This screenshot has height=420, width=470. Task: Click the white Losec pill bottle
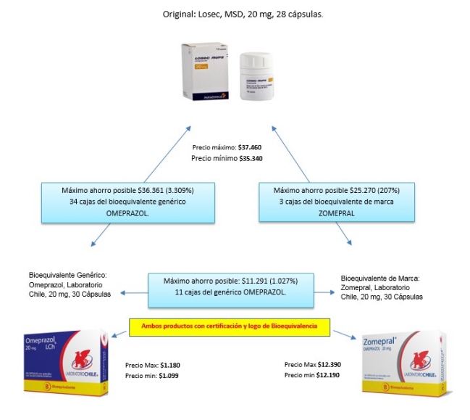point(261,81)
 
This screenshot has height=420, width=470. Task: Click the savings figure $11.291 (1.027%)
point(271,281)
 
